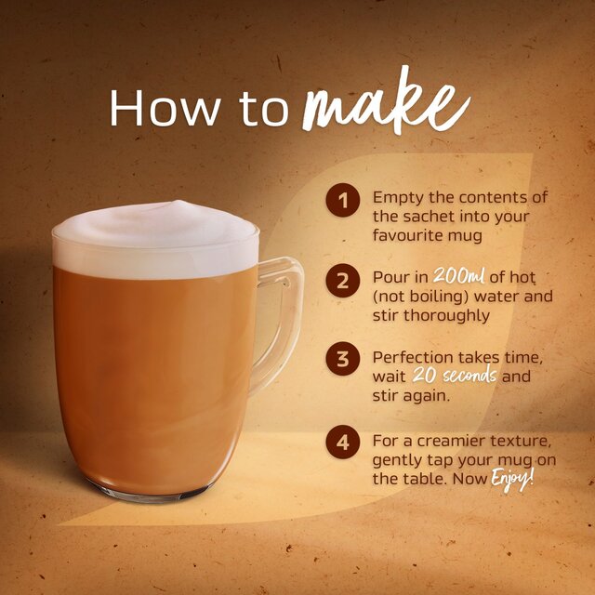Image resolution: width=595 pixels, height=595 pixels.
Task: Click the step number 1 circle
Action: (x=342, y=199)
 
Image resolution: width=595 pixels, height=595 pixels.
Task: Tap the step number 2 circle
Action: (x=342, y=280)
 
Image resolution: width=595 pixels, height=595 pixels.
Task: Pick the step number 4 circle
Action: (x=342, y=442)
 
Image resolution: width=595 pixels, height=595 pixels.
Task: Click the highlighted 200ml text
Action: (x=461, y=279)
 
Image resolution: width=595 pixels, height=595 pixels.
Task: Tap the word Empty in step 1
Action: (x=396, y=198)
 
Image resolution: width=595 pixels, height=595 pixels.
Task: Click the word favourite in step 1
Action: (x=411, y=235)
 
